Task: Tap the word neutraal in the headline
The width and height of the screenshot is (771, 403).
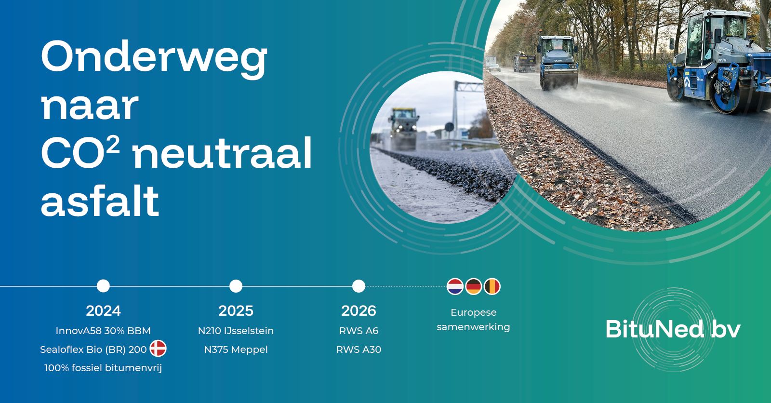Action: click(x=222, y=153)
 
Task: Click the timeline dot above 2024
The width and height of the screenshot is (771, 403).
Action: click(x=103, y=286)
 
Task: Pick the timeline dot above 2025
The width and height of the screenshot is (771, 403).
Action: click(x=236, y=286)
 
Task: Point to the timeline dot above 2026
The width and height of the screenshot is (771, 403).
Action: click(x=359, y=286)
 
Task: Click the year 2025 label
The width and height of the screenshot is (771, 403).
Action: click(x=236, y=311)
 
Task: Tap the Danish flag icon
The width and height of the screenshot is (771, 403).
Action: click(x=158, y=349)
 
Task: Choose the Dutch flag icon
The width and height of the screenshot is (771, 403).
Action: click(x=455, y=286)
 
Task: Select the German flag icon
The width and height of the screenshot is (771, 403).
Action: click(x=474, y=286)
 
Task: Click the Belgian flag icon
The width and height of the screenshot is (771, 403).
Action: click(x=492, y=286)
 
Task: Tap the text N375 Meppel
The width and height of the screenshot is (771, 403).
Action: click(x=236, y=349)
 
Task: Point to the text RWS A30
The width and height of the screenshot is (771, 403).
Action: click(x=359, y=349)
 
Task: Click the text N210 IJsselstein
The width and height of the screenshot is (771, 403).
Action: click(x=236, y=331)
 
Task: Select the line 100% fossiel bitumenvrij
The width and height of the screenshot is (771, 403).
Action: click(x=103, y=368)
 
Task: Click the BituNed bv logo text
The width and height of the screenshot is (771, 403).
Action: click(x=673, y=329)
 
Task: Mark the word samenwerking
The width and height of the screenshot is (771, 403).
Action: click(x=473, y=327)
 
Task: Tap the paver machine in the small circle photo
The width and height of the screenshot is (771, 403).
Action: click(x=403, y=128)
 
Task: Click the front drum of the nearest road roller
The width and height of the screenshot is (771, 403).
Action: click(x=723, y=97)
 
